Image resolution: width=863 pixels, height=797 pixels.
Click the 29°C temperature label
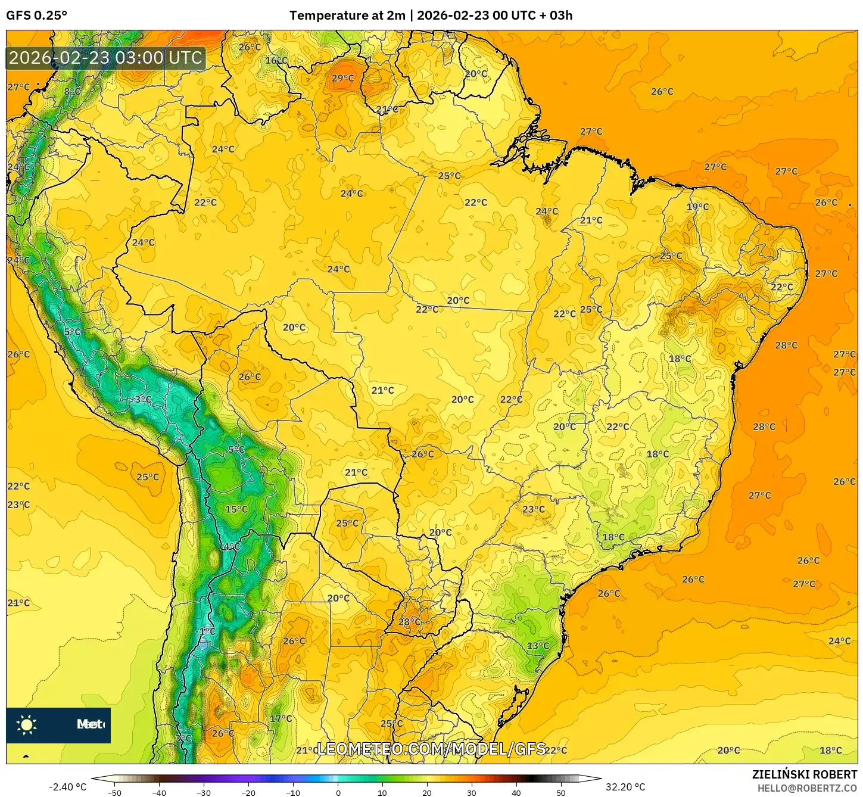342,78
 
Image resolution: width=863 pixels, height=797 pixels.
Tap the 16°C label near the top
276,60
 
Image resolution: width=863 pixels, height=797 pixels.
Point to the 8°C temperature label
72,91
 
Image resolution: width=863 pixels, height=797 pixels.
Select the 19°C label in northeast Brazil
697,207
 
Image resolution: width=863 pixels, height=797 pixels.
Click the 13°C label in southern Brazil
537,646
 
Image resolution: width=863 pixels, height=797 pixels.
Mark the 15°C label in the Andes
236,509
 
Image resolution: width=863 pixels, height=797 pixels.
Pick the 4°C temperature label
231,546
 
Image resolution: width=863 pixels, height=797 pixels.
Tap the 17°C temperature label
281,718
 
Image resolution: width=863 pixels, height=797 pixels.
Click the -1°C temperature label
206,631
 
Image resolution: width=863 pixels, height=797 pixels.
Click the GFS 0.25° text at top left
36,15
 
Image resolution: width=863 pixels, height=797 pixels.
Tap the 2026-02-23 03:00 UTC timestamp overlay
105,58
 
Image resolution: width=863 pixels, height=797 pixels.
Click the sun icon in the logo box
27,724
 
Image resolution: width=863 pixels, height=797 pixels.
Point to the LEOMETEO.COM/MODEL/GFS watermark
431,749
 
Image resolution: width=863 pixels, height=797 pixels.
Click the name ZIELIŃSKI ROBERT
804,774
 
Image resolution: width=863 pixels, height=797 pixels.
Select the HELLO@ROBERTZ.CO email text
806,788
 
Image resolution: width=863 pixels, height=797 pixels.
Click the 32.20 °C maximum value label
625,787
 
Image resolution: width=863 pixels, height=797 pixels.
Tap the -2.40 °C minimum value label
67,787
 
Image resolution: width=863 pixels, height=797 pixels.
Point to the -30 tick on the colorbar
204,793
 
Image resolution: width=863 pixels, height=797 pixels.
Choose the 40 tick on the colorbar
516,793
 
